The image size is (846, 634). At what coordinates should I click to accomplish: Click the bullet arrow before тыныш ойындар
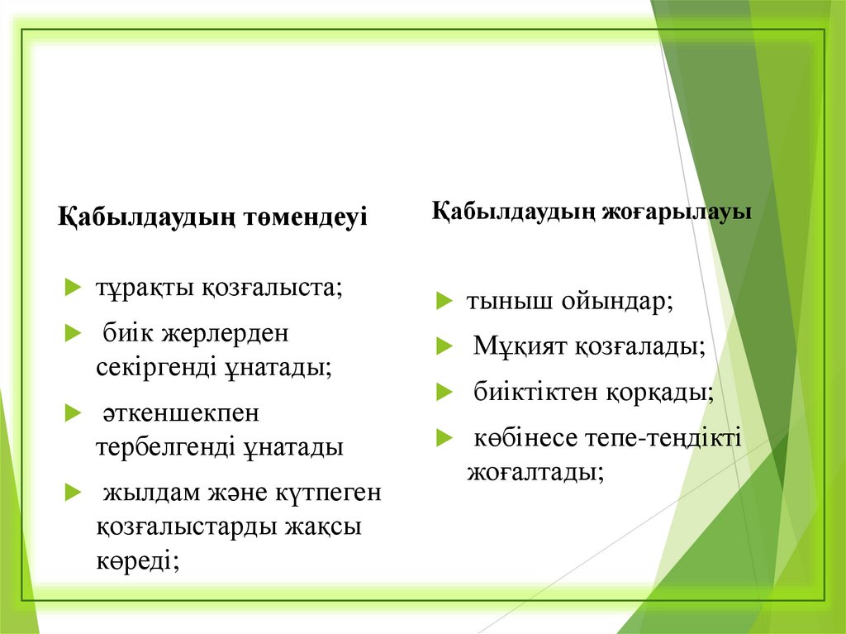tap(444, 301)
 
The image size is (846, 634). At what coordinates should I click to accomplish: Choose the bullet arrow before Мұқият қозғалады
tap(444, 346)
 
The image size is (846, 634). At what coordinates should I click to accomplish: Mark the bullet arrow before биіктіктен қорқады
tap(444, 391)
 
